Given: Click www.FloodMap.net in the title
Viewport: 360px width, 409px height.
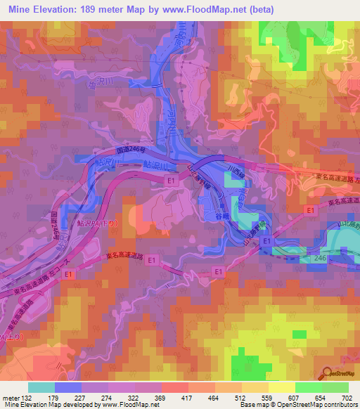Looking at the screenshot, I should click(x=204, y=9).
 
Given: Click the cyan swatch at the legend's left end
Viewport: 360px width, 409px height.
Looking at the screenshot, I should click(x=41, y=387).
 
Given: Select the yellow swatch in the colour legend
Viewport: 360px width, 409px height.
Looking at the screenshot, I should click(x=281, y=387).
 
